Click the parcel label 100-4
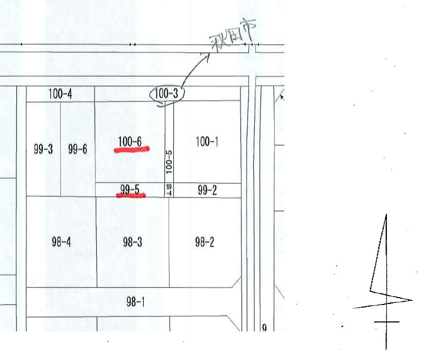tap(60, 94)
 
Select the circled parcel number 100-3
tap(166, 93)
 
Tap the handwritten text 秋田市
tap(233, 35)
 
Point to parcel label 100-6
tap(130, 142)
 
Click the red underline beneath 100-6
tap(132, 150)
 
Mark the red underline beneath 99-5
tap(131, 195)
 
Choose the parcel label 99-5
tap(130, 189)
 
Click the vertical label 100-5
tap(169, 162)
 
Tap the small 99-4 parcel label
tap(169, 190)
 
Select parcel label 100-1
tap(207, 142)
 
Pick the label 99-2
tap(207, 190)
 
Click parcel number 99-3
tap(43, 149)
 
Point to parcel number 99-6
tap(78, 149)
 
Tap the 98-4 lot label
tap(61, 242)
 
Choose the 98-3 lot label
tap(133, 242)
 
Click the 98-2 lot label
tap(205, 242)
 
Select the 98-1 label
tap(135, 302)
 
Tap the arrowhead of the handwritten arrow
tap(207, 56)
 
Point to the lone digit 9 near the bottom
tap(264, 328)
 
